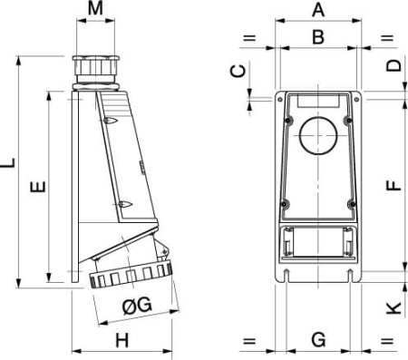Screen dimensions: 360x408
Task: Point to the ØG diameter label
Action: coord(135,306)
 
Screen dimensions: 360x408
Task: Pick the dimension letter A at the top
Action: coord(318,11)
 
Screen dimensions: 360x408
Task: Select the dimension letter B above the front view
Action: coord(318,37)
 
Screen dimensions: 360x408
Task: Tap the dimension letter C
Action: coord(238,73)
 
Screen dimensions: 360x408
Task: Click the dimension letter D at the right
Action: coord(393,65)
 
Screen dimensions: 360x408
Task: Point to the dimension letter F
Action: coord(393,183)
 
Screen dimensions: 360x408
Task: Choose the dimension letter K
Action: coord(393,307)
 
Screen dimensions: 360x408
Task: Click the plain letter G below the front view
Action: coord(318,341)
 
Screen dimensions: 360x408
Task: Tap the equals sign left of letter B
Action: coord(249,38)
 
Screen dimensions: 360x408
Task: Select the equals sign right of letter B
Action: coord(387,38)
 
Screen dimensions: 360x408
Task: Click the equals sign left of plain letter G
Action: coord(249,342)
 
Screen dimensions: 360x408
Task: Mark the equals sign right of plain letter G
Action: coord(387,342)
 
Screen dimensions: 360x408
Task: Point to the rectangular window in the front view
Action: coord(317,244)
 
